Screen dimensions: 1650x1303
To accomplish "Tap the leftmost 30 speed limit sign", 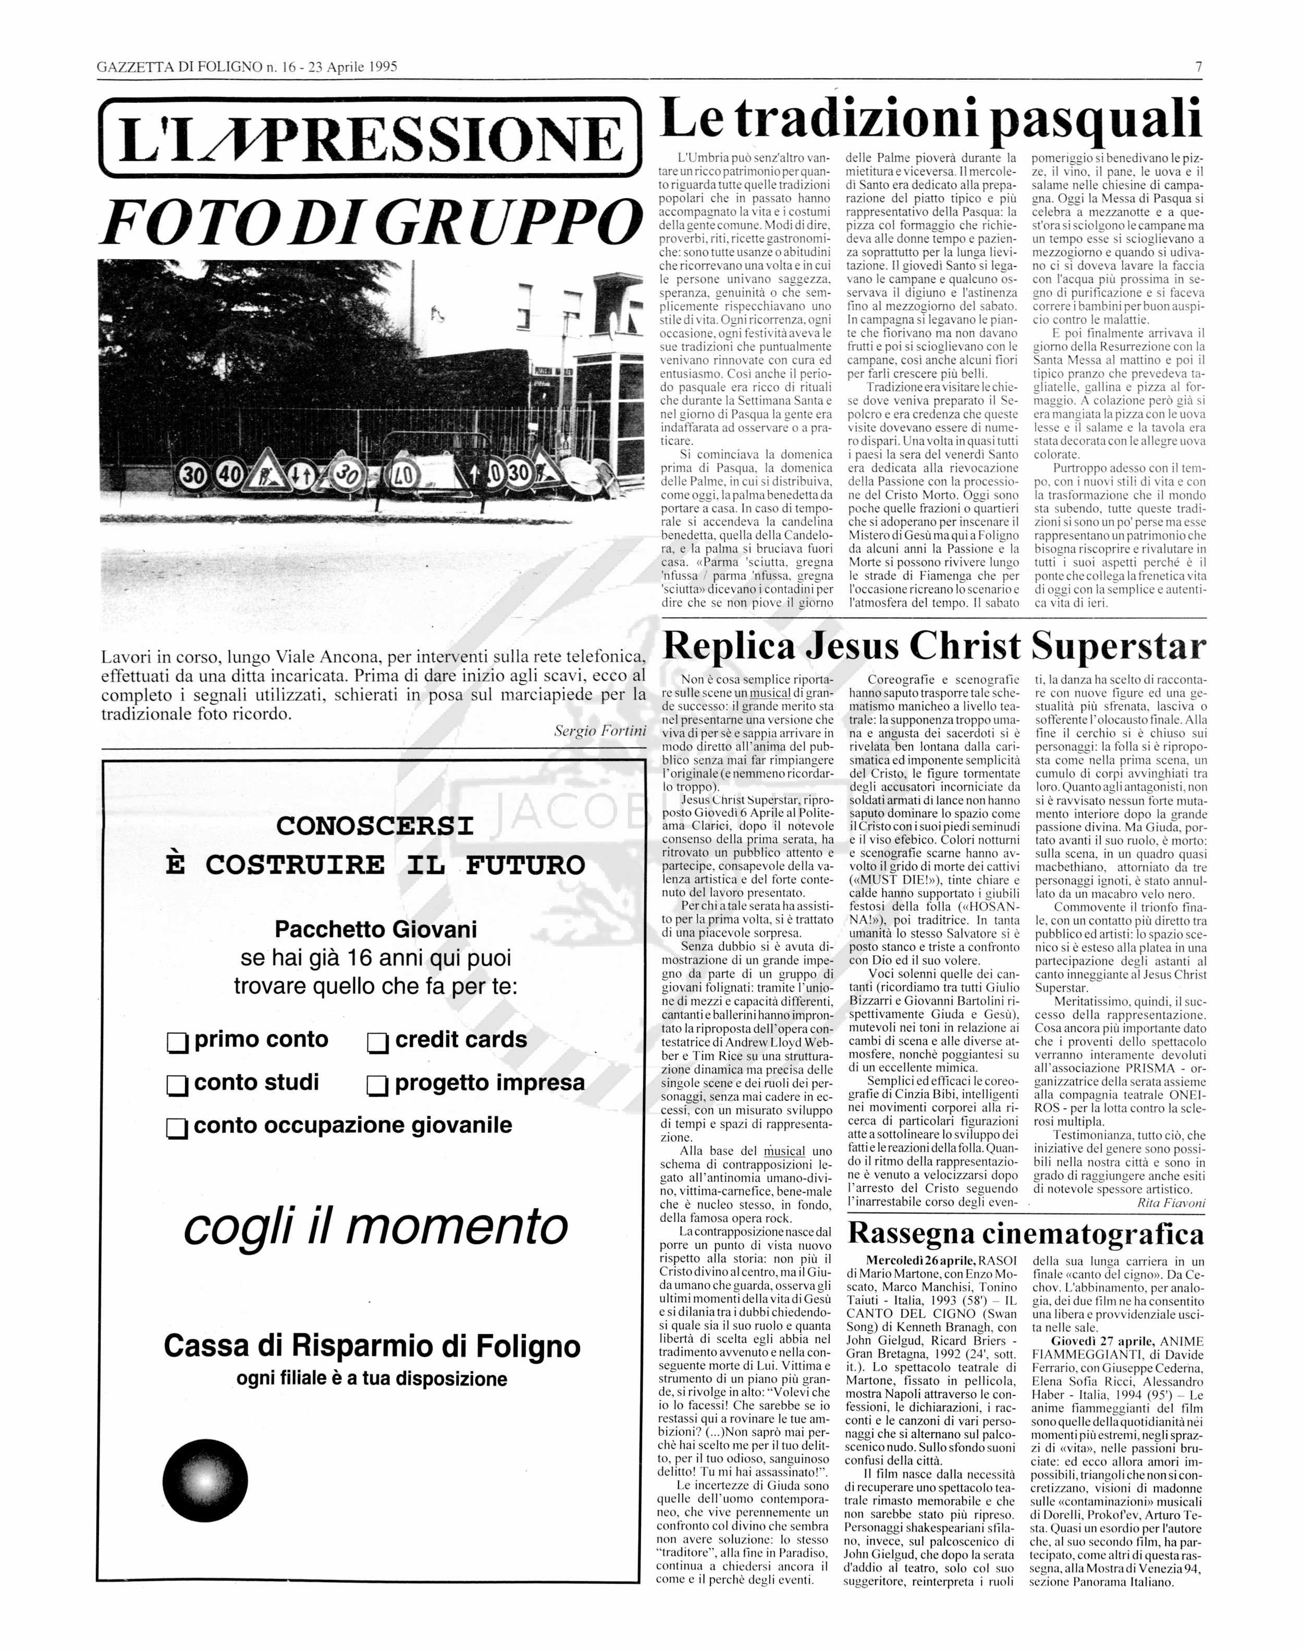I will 194,476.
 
